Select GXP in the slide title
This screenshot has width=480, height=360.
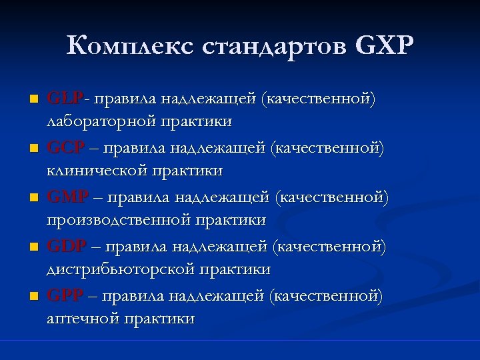coord(386,46)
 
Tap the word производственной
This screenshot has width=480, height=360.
coord(118,220)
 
